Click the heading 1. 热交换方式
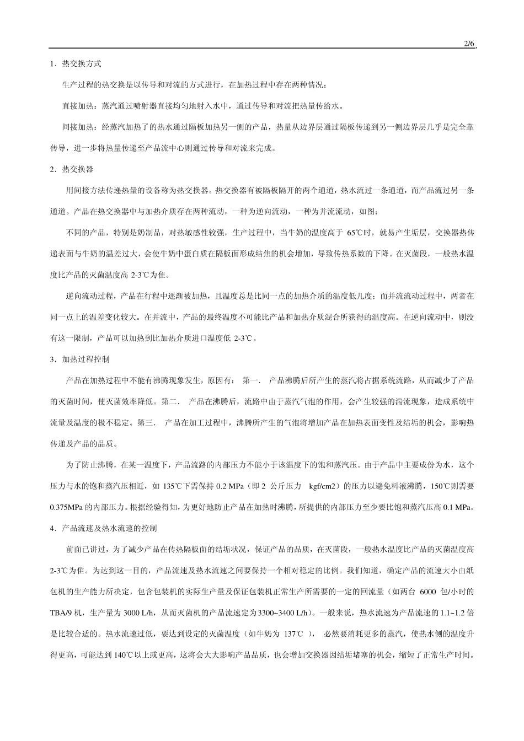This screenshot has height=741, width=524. (x=76, y=64)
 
